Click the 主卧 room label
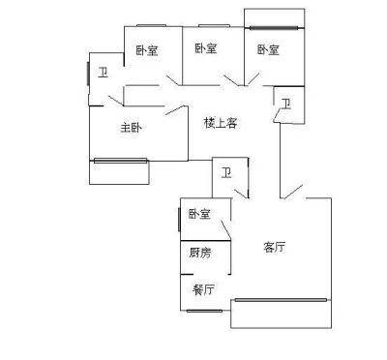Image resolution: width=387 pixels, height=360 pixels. [x=131, y=128]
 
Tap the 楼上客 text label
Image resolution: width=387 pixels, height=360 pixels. [x=221, y=123]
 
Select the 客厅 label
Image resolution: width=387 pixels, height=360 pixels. [x=274, y=247]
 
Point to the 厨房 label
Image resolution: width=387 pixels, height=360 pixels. [x=200, y=253]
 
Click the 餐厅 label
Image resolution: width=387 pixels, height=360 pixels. [x=203, y=289]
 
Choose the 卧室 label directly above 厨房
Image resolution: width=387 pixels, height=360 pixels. [x=199, y=214]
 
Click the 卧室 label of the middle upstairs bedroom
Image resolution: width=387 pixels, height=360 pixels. [x=206, y=48]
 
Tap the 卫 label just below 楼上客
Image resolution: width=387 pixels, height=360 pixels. [x=226, y=173]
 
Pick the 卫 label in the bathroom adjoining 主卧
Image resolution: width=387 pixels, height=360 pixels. [x=104, y=73]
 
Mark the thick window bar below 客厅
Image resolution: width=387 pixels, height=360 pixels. [x=281, y=300]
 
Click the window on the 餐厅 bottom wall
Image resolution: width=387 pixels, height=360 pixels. [x=204, y=311]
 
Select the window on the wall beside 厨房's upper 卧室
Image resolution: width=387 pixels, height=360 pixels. [x=179, y=220]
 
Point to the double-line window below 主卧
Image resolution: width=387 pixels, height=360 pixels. [x=120, y=161]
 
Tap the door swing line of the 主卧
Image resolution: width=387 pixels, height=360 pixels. [x=177, y=110]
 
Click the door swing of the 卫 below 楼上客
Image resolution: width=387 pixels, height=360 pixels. [x=241, y=194]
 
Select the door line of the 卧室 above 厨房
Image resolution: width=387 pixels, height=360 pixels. [x=225, y=230]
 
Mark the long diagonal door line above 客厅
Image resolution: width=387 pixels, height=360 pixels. [x=292, y=192]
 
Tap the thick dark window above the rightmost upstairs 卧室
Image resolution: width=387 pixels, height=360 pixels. [x=274, y=28]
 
